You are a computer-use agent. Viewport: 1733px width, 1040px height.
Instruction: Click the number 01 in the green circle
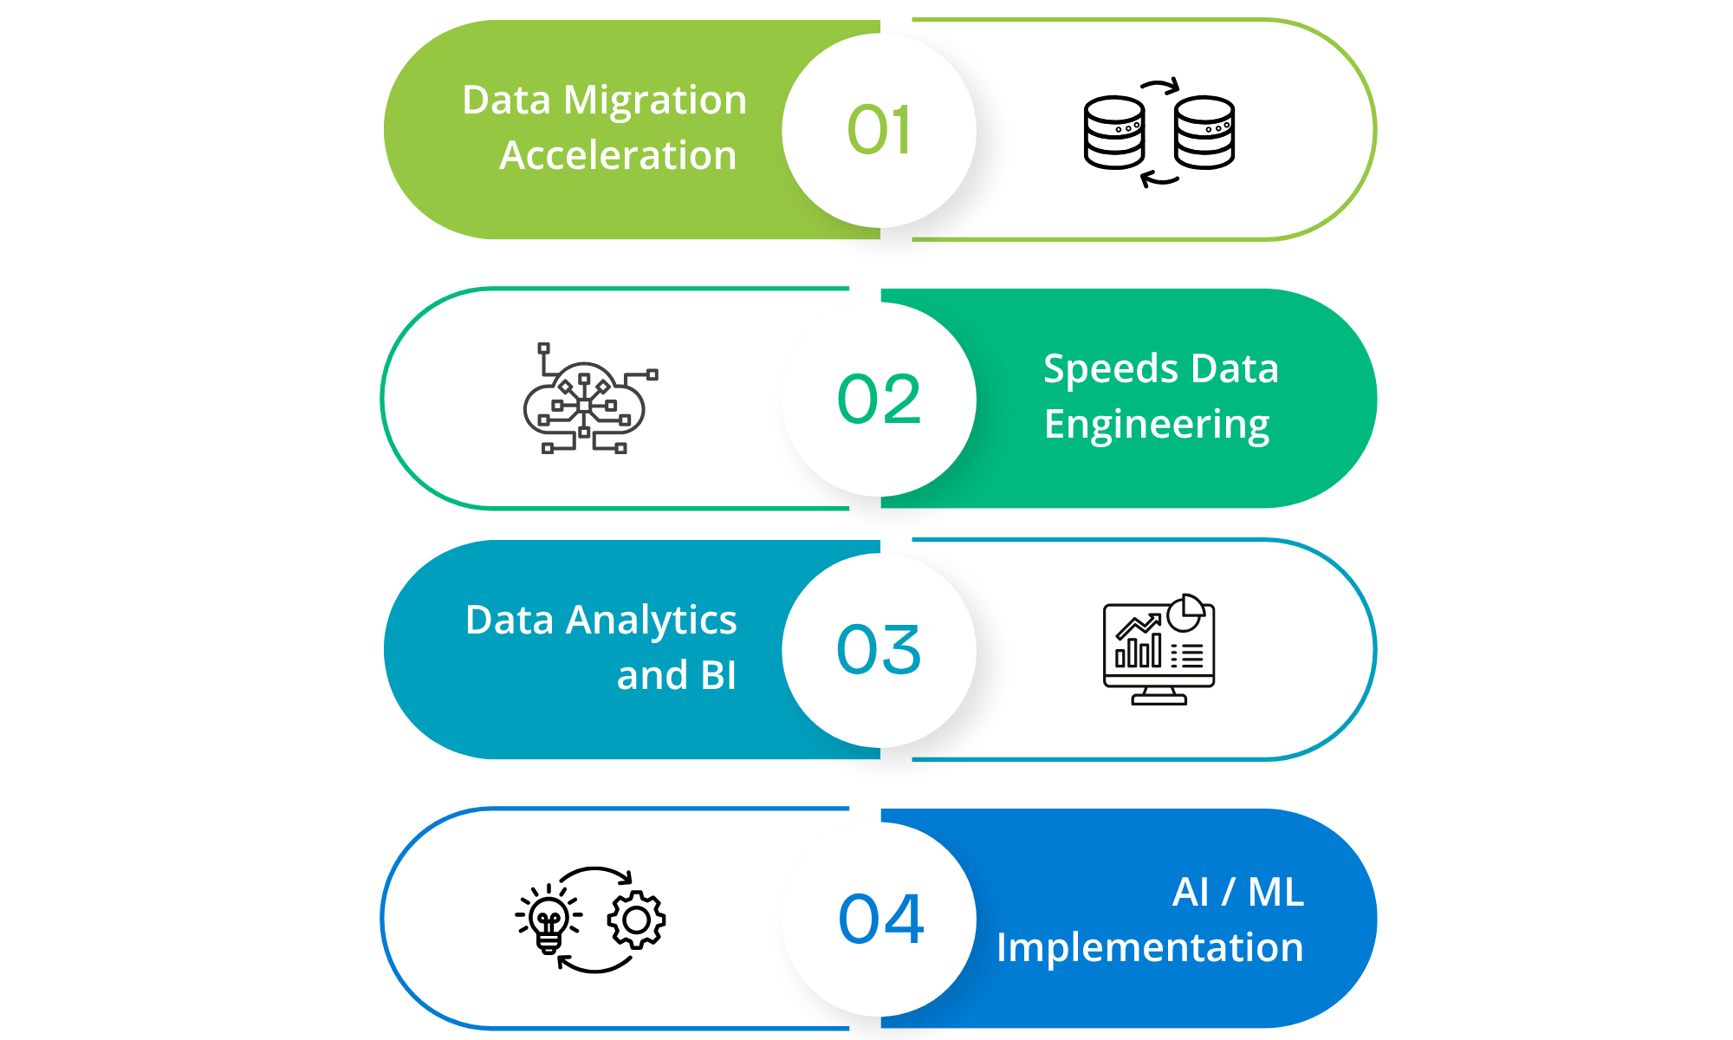tap(879, 131)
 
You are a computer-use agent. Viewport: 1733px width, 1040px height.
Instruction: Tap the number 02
tap(879, 400)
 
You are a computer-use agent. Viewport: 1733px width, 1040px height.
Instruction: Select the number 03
tap(879, 650)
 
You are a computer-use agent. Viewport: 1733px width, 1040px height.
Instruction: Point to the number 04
tap(880, 919)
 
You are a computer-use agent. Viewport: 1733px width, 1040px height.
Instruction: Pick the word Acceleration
tap(618, 156)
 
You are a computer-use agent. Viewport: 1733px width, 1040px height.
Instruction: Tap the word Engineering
tap(1157, 425)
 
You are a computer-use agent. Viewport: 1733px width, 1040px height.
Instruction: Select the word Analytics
tap(651, 621)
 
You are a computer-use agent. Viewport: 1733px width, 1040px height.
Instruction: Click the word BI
tap(718, 676)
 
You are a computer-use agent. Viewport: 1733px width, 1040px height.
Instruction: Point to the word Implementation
tap(1150, 947)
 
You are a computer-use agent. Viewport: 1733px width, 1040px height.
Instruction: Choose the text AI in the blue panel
tap(1191, 892)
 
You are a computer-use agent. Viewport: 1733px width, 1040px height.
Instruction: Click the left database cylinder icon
tap(1114, 133)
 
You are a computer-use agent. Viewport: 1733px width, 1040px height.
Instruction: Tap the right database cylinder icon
tap(1204, 133)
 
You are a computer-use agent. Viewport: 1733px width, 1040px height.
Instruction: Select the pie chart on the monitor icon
tap(1185, 614)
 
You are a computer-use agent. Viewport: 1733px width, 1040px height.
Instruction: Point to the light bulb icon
tap(548, 920)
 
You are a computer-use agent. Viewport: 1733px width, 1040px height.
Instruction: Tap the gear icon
tap(637, 920)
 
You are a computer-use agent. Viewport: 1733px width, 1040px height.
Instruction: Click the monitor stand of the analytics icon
tap(1159, 696)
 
